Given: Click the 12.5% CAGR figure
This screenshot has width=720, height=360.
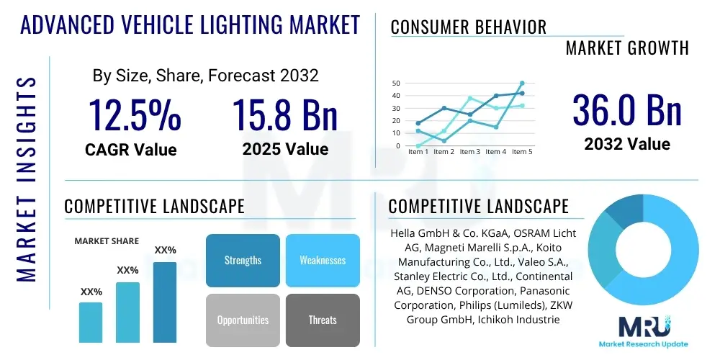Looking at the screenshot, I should pyautogui.click(x=135, y=116).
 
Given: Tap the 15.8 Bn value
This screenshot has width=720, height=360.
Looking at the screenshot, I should pyautogui.click(x=285, y=116).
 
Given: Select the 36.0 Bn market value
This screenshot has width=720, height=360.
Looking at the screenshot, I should pyautogui.click(x=626, y=110).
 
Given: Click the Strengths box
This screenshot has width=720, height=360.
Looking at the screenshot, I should pyautogui.click(x=243, y=260).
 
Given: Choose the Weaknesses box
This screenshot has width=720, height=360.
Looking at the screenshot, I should pyautogui.click(x=323, y=260).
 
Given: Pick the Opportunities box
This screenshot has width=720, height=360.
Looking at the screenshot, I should pyautogui.click(x=243, y=320).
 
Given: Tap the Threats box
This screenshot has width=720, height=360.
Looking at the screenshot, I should pyautogui.click(x=323, y=320).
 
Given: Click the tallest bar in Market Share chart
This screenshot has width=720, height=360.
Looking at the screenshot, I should pyautogui.click(x=165, y=302).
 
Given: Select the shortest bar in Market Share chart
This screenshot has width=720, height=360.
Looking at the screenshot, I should pyautogui.click(x=91, y=322).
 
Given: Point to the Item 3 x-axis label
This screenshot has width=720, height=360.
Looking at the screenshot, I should pyautogui.click(x=469, y=152).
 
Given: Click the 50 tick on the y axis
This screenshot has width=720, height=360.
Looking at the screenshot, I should pyautogui.click(x=395, y=84).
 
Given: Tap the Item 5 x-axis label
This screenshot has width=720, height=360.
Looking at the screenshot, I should pyautogui.click(x=522, y=152).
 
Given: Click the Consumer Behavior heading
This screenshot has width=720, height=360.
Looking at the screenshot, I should pyautogui.click(x=469, y=27).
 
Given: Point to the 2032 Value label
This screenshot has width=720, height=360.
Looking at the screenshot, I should pyautogui.click(x=626, y=144).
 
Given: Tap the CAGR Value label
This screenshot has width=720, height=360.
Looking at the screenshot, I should pyautogui.click(x=131, y=150).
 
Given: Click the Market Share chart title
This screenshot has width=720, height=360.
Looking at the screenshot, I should pyautogui.click(x=107, y=241).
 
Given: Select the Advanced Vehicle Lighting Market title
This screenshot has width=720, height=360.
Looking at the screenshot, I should pyautogui.click(x=190, y=24).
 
